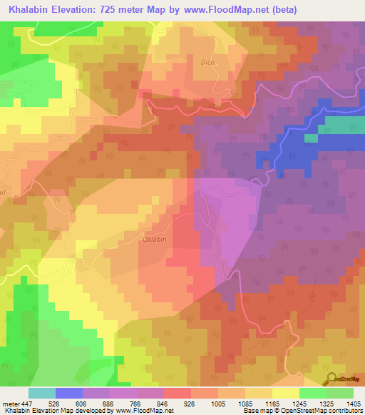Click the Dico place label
coord(207,62)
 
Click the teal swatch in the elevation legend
coord(42,392)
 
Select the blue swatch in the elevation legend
coord(69,392)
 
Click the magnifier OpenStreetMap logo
coord(331,378)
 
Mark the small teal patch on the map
coord(312,138)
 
